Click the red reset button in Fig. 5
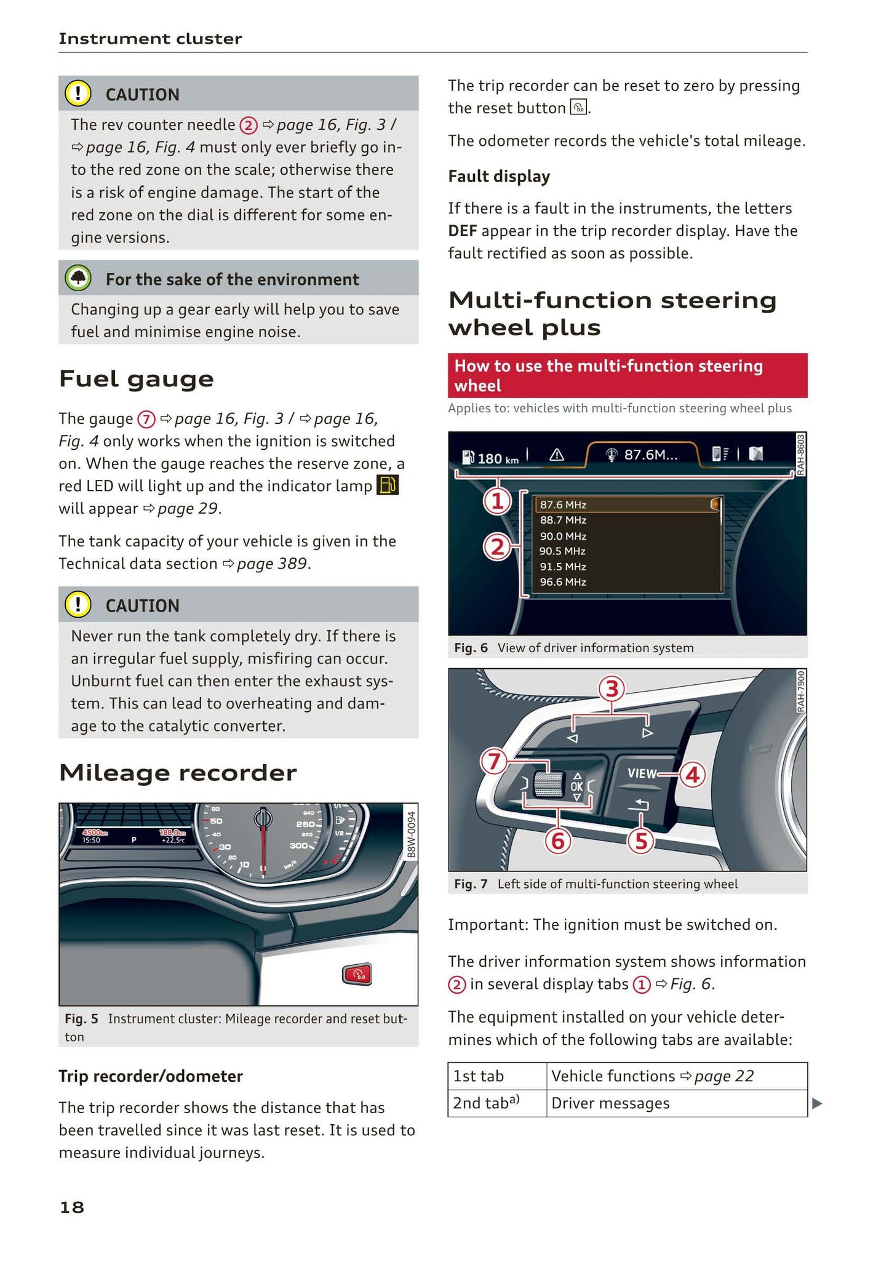[x=357, y=975]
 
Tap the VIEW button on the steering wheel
[x=642, y=774]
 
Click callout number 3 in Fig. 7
[x=612, y=689]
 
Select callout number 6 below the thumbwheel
[x=558, y=840]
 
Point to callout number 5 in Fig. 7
[x=641, y=841]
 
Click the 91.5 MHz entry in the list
[x=563, y=567]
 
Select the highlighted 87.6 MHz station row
[x=627, y=505]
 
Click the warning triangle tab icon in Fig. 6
[x=556, y=455]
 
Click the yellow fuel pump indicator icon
[x=388, y=485]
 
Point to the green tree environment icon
[x=78, y=279]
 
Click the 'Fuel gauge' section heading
[x=137, y=379]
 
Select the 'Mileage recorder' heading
[x=178, y=773]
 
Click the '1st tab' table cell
[x=497, y=1076]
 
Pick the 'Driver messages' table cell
[x=677, y=1103]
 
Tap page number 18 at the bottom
[x=72, y=1207]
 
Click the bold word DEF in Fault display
[x=463, y=231]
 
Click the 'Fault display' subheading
[x=499, y=177]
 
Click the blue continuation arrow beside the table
[x=817, y=1103]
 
